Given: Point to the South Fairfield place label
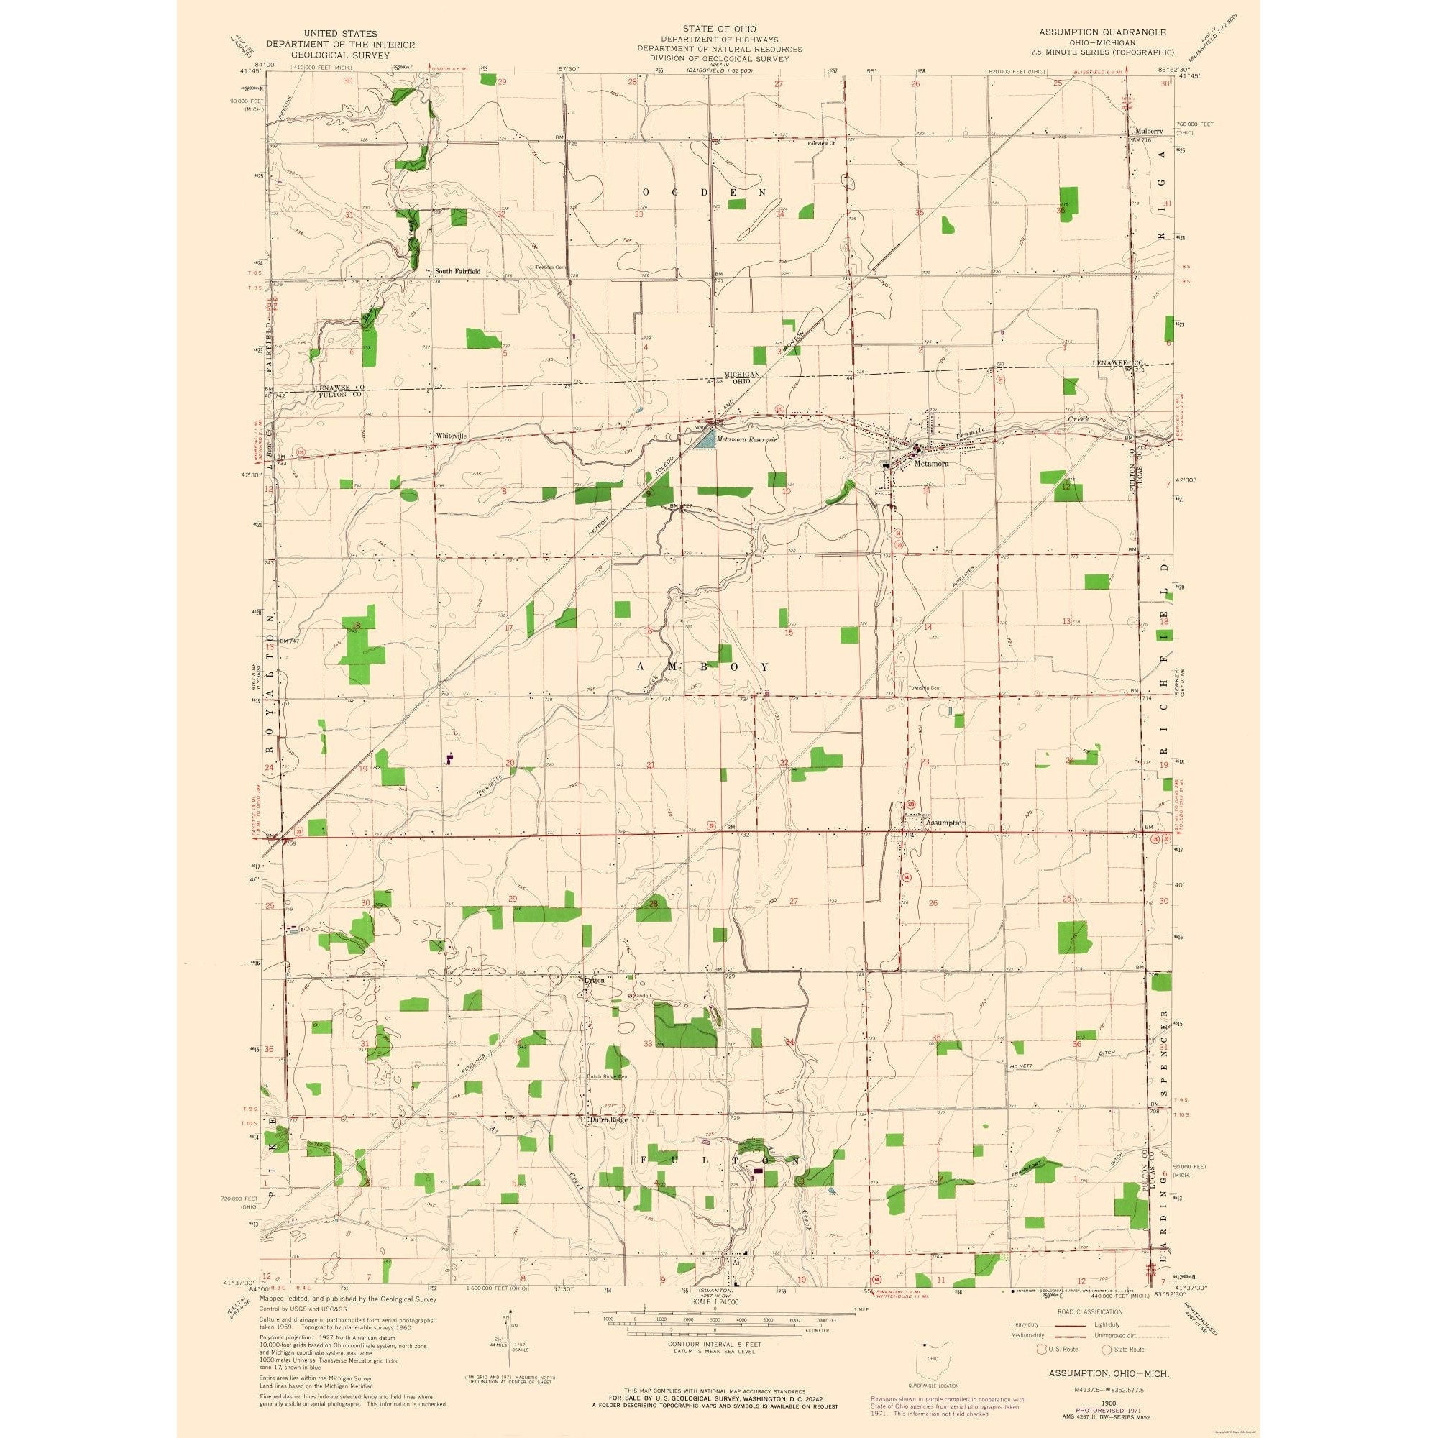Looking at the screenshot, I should click(x=462, y=272).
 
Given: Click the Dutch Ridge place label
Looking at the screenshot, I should click(x=609, y=1140).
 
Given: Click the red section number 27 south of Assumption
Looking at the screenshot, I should click(x=794, y=901).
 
